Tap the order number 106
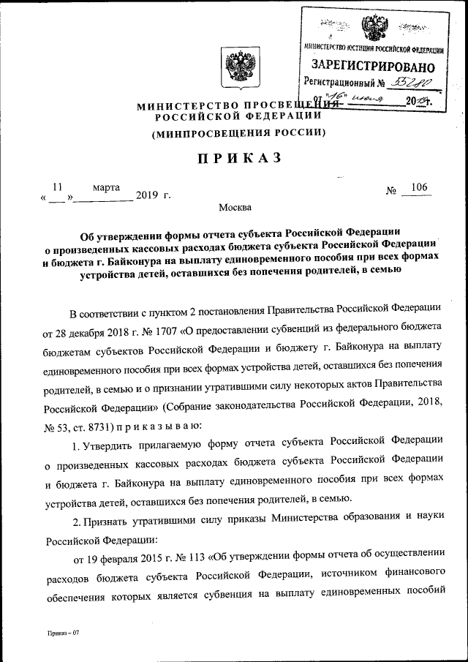(419, 188)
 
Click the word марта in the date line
(106, 188)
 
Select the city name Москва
(235, 208)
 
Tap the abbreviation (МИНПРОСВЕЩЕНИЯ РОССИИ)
(238, 133)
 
